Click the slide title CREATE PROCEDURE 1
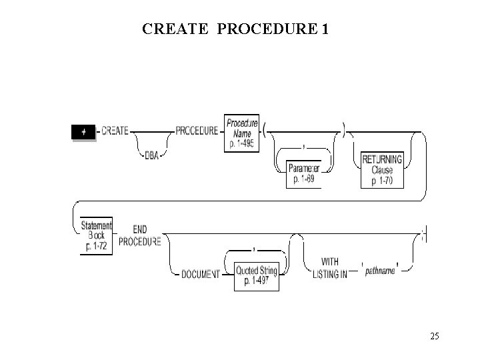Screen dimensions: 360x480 point(235,29)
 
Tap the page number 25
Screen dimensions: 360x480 point(434,336)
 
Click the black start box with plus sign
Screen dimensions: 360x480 point(83,132)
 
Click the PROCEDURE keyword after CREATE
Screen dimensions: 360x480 point(197,131)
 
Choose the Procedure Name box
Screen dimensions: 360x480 point(241,133)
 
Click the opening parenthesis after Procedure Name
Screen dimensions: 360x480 point(265,131)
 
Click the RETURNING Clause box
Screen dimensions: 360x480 point(382,169)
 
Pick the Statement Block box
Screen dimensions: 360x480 point(96,235)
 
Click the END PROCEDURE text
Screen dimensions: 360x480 point(140,235)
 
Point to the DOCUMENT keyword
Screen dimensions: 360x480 point(200,275)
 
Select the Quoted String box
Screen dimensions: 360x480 point(256,275)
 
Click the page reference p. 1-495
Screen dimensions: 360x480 point(241,144)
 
